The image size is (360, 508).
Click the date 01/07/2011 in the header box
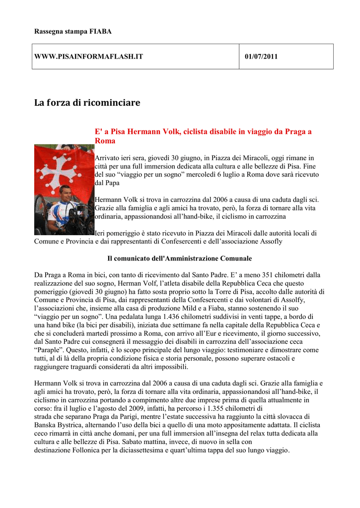(261, 57)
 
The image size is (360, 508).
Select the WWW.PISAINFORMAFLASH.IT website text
(88, 57)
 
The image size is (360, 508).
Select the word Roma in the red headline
(105, 141)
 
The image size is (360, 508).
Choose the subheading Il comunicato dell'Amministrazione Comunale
(180, 258)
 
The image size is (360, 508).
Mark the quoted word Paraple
(47, 350)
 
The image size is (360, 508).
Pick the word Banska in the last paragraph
(46, 425)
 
